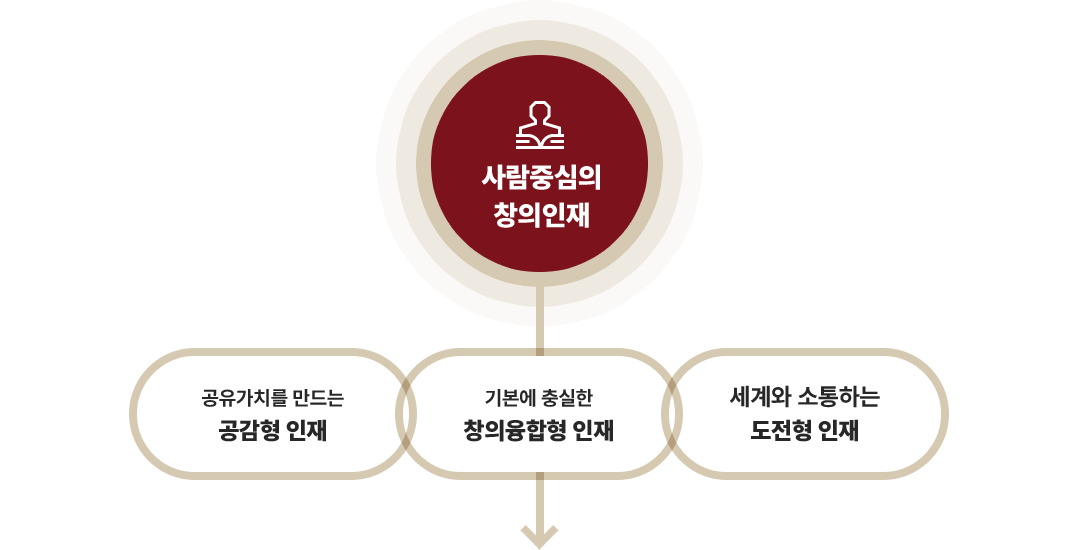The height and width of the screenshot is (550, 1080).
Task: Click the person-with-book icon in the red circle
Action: point(539,125)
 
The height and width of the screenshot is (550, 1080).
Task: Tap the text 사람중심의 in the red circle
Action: point(540,178)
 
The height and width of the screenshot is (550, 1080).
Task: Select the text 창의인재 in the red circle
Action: point(540,214)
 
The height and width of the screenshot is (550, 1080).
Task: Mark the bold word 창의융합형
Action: point(513,431)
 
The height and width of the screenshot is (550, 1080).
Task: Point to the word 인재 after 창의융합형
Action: point(593,431)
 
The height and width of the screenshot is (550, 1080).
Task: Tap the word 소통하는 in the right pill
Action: point(837,397)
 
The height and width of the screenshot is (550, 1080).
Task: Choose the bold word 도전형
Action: point(781,431)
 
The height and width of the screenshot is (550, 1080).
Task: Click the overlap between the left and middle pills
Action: point(406,413)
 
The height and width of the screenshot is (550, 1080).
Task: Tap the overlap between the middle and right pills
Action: point(672,413)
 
